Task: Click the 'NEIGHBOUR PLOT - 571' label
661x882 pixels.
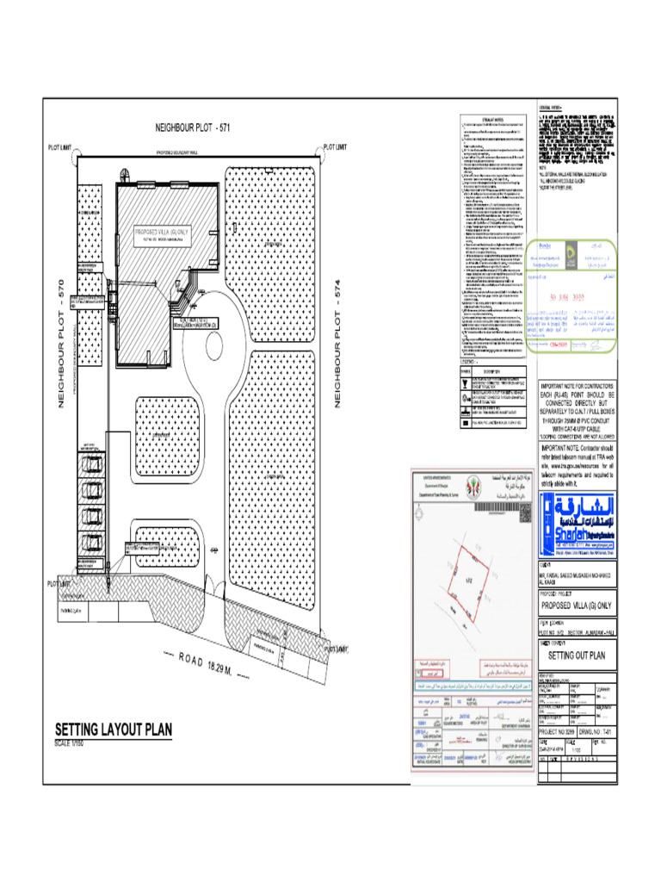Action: click(193, 127)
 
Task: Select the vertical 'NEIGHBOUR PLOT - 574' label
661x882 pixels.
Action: click(338, 345)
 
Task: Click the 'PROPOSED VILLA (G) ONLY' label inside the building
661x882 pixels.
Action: click(162, 233)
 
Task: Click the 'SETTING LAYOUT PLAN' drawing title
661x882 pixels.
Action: click(114, 730)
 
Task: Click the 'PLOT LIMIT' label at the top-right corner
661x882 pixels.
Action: click(335, 147)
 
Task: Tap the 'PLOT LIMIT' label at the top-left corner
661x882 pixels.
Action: click(60, 147)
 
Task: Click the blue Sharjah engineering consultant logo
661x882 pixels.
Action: click(576, 519)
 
